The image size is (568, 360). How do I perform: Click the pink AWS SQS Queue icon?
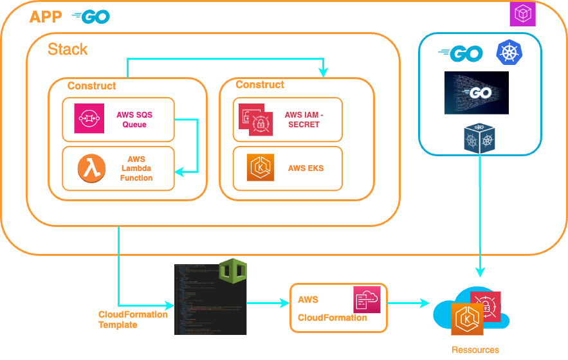click(x=89, y=118)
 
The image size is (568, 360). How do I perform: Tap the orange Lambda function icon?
click(x=91, y=168)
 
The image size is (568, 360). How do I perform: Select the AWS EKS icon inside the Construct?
click(x=261, y=168)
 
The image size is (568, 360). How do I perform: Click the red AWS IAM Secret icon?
click(x=257, y=120)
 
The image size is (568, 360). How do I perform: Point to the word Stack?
click(x=68, y=50)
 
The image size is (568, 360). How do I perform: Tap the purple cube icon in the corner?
click(x=522, y=14)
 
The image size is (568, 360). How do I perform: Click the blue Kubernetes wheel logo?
click(x=509, y=53)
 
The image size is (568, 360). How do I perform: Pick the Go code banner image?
click(x=476, y=93)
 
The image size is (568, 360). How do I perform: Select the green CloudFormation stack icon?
click(x=232, y=273)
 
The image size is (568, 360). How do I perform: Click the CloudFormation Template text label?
click(x=133, y=319)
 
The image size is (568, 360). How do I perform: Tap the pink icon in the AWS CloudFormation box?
click(x=367, y=300)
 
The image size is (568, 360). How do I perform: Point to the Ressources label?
click(x=475, y=350)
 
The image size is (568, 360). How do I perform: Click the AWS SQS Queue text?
click(x=134, y=120)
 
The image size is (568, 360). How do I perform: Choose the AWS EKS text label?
click(x=306, y=168)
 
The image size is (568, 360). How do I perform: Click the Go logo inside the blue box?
click(x=461, y=55)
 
